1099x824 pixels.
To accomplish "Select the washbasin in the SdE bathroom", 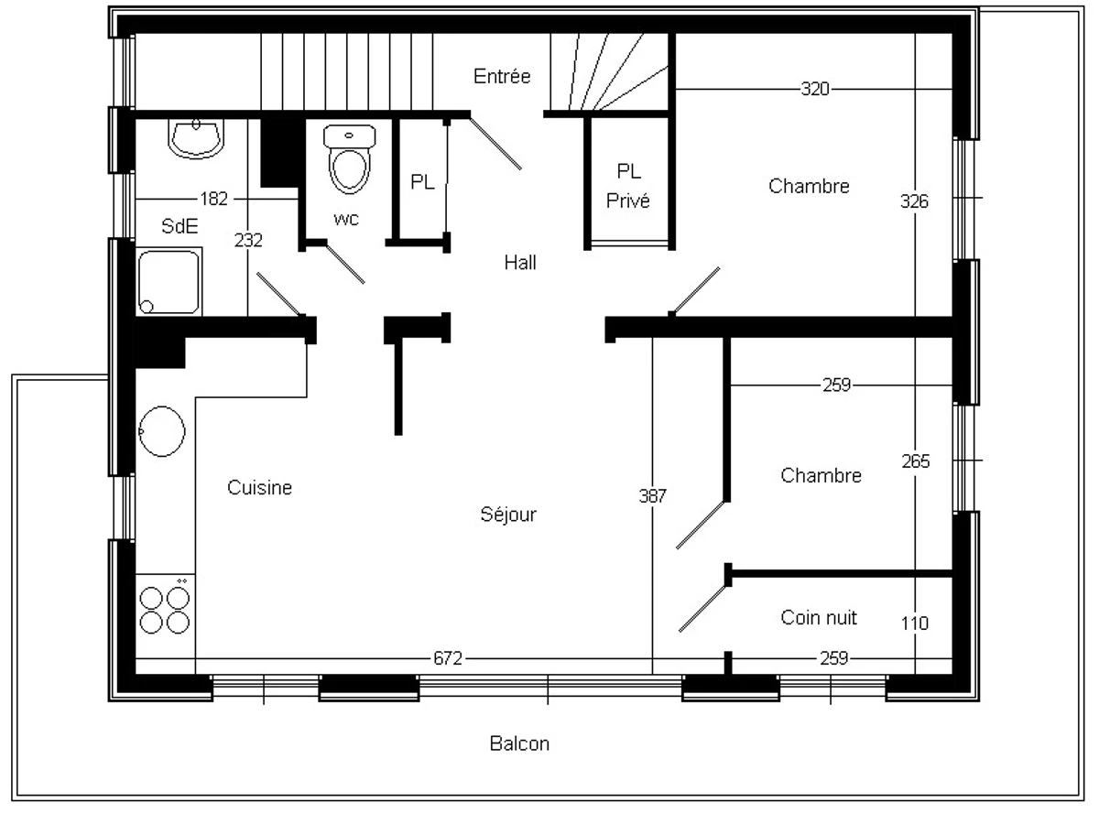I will pyautogui.click(x=196, y=138).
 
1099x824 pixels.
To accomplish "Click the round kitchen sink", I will pyautogui.click(x=162, y=429).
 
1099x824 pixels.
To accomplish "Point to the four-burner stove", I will pyautogui.click(x=166, y=608).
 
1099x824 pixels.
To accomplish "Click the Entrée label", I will pyautogui.click(x=502, y=77).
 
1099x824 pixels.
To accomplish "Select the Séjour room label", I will pyautogui.click(x=508, y=515).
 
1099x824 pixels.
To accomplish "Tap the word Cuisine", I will pyautogui.click(x=259, y=488).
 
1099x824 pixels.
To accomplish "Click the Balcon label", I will pyautogui.click(x=519, y=743).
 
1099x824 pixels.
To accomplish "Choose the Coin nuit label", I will pyautogui.click(x=819, y=617).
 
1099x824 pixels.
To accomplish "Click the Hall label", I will pyautogui.click(x=520, y=263).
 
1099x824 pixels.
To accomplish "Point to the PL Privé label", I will pyautogui.click(x=628, y=186).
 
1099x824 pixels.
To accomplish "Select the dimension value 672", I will pyautogui.click(x=448, y=658).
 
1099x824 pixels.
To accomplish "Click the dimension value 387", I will pyautogui.click(x=652, y=496).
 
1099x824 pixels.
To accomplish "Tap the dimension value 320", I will pyautogui.click(x=815, y=89).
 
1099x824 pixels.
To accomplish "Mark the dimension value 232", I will pyautogui.click(x=248, y=241).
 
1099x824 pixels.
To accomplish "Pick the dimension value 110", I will pyautogui.click(x=914, y=623).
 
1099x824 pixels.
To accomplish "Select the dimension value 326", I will pyautogui.click(x=914, y=201).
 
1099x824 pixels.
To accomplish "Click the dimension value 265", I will pyautogui.click(x=914, y=461).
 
